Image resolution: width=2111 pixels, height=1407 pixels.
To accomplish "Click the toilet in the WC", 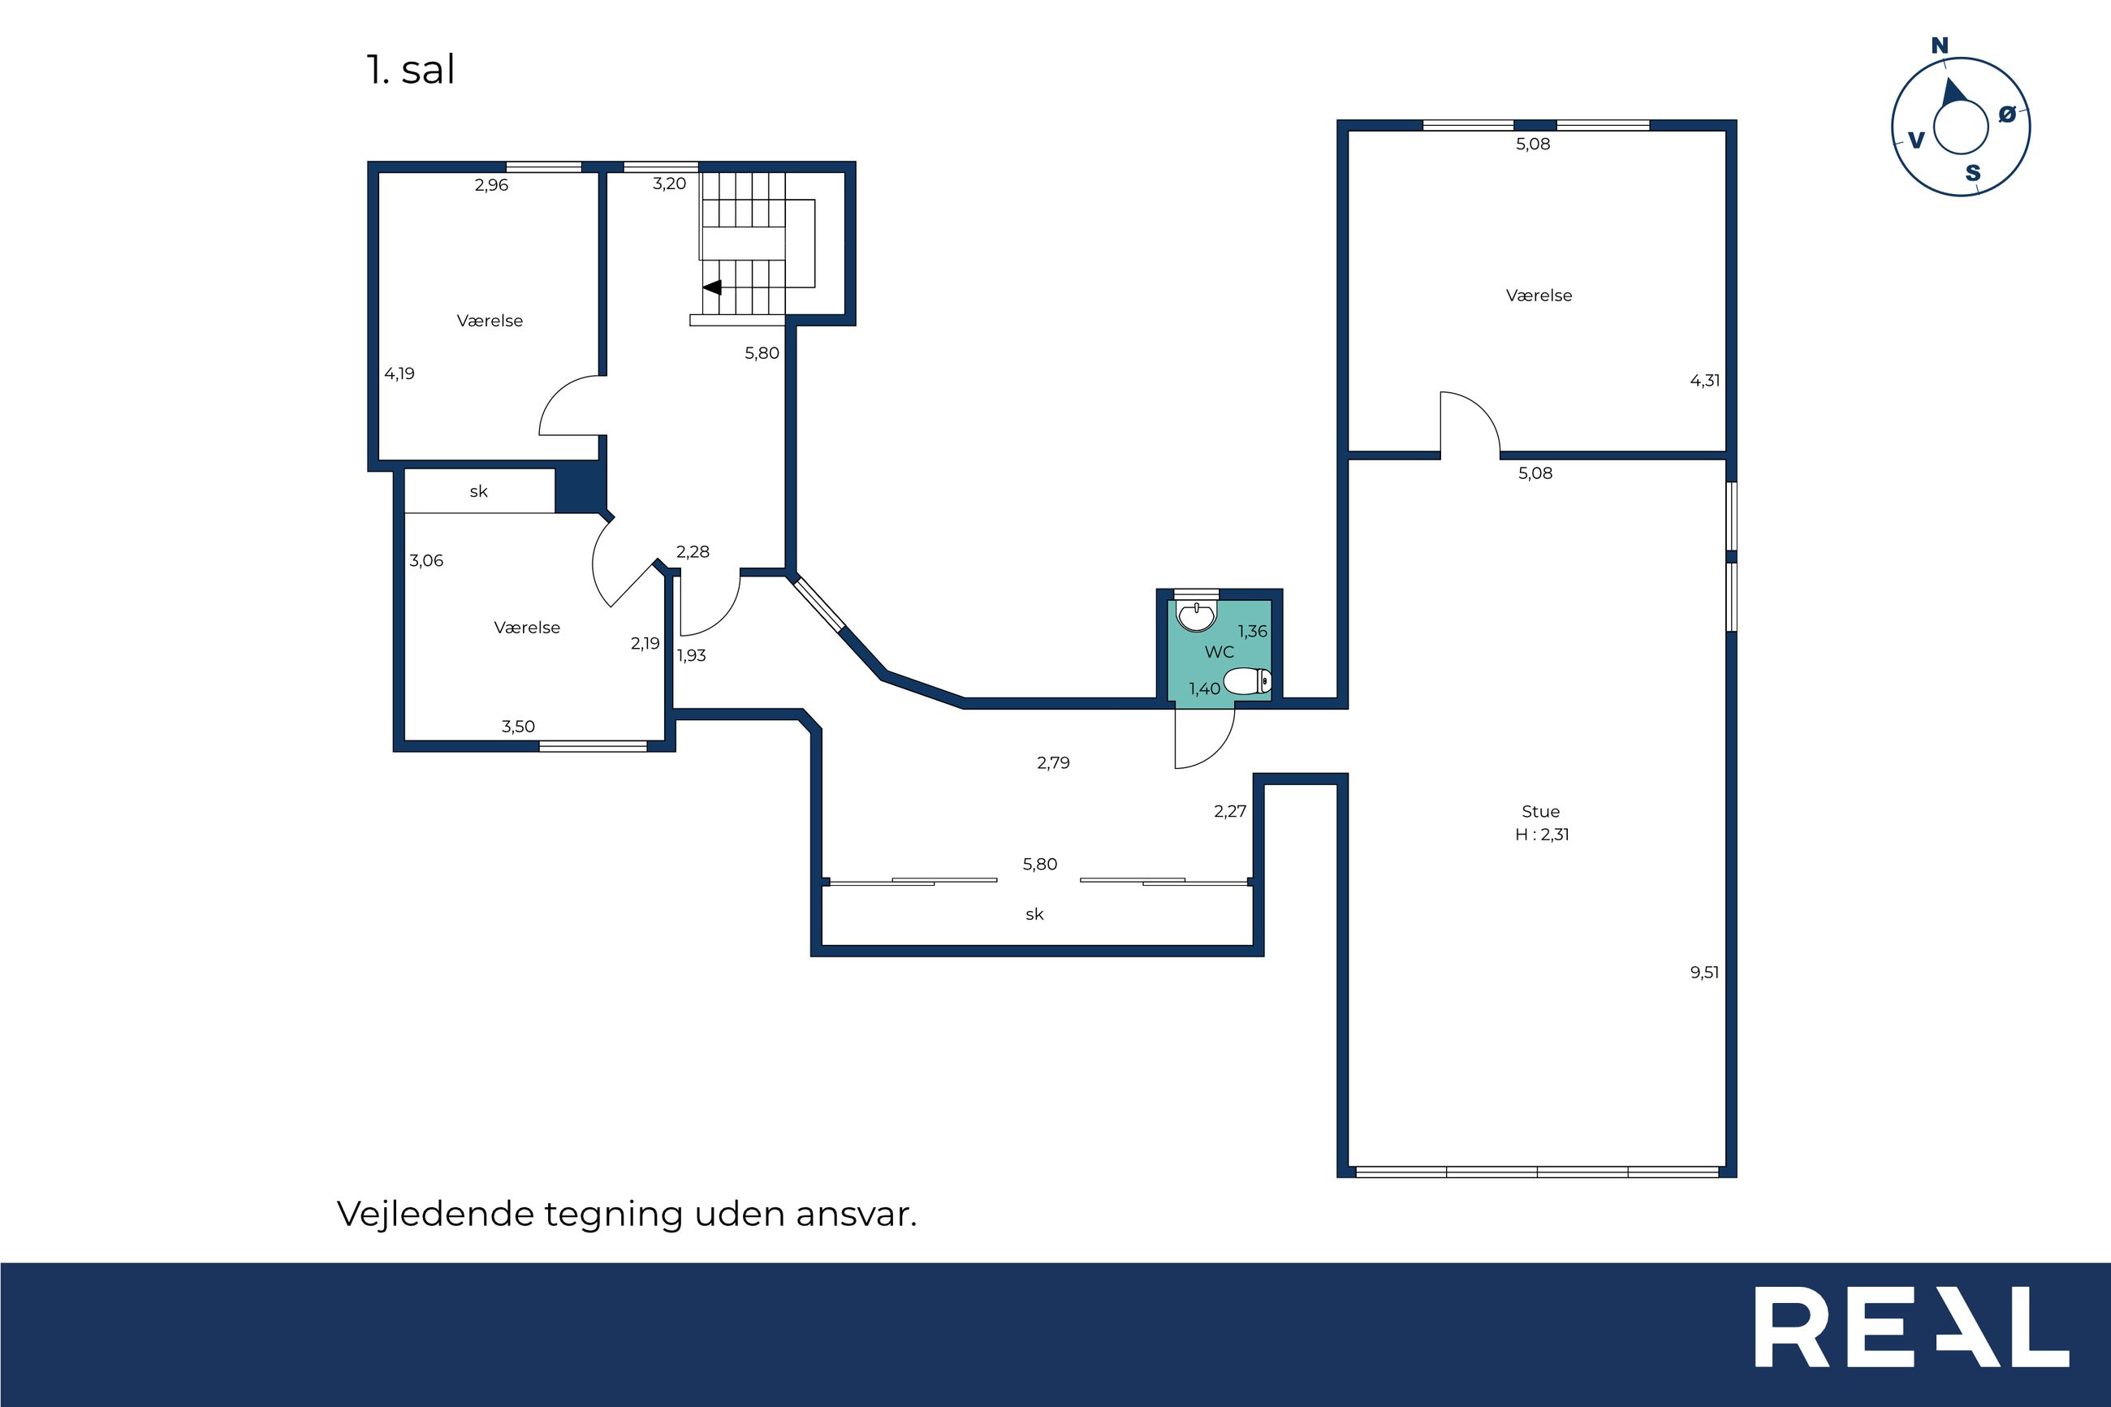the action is coord(1247,682).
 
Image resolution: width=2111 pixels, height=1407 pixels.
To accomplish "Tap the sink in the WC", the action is coord(1197,616).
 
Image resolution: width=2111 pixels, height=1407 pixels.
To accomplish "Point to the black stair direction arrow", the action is coord(712,287).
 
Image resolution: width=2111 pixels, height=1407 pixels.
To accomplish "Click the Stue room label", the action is coord(1540,811).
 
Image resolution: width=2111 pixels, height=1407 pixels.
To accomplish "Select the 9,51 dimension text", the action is coord(1704,972).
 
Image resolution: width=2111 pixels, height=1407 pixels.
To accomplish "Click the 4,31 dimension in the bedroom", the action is coord(1704,381).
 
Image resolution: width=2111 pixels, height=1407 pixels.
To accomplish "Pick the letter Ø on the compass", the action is coord(2008,114).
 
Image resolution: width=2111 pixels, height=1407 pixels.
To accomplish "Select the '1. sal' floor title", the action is coord(411,70).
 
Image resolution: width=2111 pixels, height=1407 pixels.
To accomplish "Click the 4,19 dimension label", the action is coord(399,374).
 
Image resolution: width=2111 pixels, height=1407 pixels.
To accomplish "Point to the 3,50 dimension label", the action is coord(519,727).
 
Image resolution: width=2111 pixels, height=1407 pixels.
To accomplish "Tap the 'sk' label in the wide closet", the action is coord(1034,914).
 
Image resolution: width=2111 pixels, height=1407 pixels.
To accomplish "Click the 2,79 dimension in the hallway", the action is coord(1053,762).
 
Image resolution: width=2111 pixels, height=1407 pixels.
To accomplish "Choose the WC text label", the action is coord(1220,653).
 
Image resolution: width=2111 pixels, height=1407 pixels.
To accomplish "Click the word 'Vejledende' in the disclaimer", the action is coord(436,1214).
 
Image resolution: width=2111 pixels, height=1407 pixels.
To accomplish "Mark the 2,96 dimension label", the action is coord(492,185).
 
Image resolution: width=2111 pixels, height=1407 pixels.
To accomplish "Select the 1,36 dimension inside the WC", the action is coord(1253,632).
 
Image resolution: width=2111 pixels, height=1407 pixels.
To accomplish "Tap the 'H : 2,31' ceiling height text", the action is coord(1542,835).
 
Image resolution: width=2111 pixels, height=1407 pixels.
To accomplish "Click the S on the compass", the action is coord(1973,173).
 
